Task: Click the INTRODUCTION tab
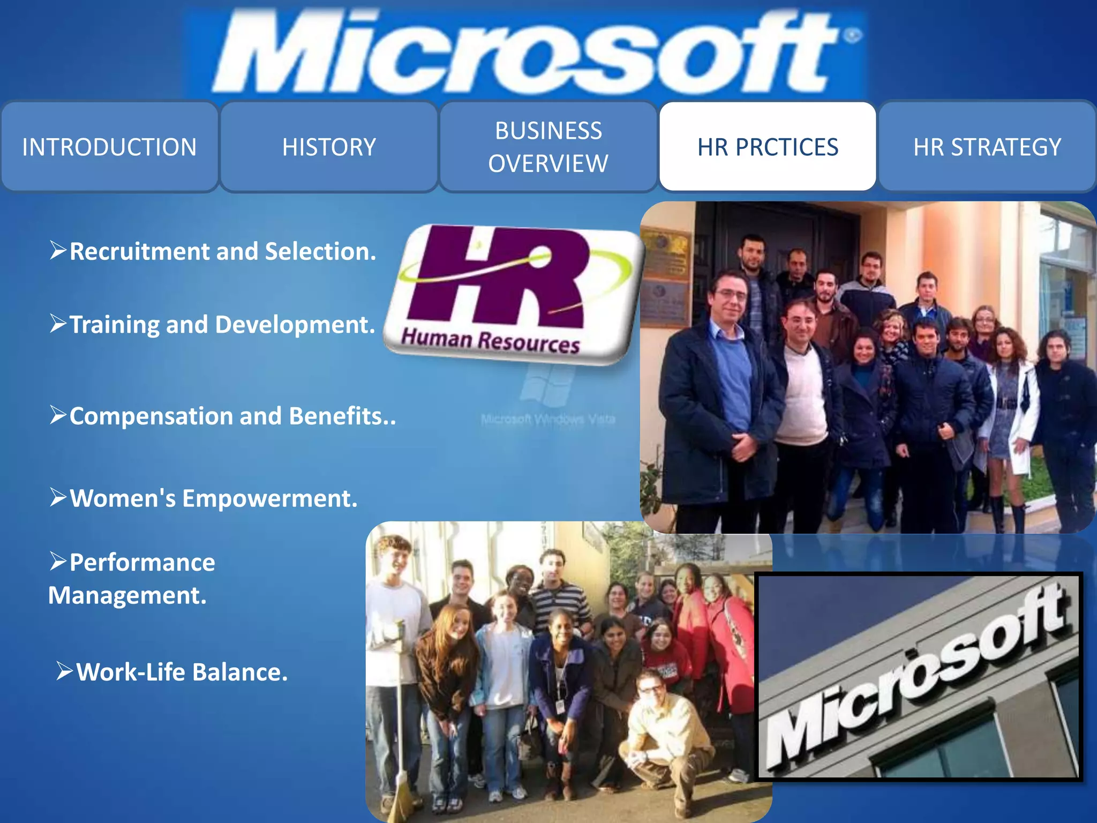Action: click(109, 147)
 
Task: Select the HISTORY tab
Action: click(329, 147)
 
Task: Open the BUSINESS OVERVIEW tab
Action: click(548, 147)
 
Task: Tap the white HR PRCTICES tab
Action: click(768, 147)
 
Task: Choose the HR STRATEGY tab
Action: click(987, 147)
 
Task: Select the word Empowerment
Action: click(269, 498)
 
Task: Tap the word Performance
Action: click(142, 563)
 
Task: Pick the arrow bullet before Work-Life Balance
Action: click(64, 671)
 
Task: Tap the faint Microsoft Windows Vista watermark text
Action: click(548, 419)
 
